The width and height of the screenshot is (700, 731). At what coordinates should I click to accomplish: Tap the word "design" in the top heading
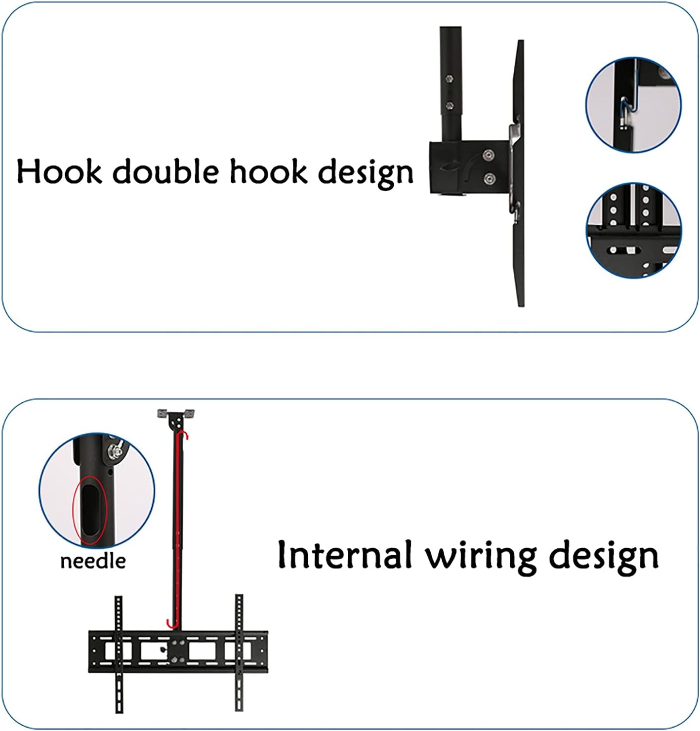coord(365,174)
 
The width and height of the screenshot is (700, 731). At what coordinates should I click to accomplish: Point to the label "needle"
coord(93,561)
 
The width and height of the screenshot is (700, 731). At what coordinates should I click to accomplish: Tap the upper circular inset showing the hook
coord(633,105)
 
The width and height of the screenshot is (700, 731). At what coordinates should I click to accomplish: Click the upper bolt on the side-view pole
coord(449,78)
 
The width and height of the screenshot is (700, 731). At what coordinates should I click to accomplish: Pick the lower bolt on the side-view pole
coord(449,105)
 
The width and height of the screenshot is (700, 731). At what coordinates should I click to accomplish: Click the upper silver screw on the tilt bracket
coord(489,155)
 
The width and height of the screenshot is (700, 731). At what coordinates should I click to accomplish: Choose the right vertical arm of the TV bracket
coord(239,652)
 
